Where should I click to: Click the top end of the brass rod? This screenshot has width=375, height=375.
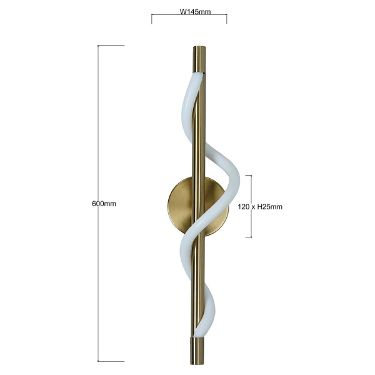tap(198, 49)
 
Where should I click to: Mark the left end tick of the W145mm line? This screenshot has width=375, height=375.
tap(152, 19)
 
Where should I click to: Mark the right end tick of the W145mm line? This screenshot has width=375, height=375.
tap(227, 19)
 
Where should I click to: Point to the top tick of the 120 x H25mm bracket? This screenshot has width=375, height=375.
tap(247, 176)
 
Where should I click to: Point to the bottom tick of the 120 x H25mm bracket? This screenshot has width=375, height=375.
tap(247, 237)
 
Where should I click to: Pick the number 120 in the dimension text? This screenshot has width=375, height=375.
tap(242, 206)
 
